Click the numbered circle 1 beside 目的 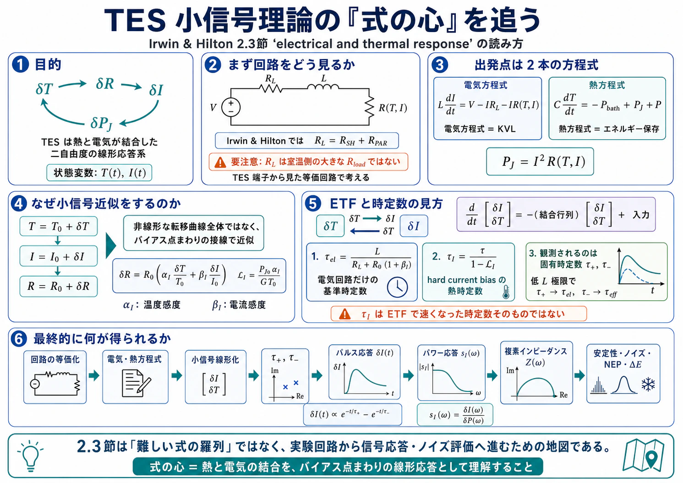[21, 65]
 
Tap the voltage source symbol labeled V [231, 107]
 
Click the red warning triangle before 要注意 [220, 163]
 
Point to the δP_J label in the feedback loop [101, 123]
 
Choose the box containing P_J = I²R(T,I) [540, 162]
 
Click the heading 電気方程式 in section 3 [486, 85]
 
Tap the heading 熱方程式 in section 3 [607, 85]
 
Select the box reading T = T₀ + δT [59, 226]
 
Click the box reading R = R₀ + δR [59, 286]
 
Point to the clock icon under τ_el [397, 287]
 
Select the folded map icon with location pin [643, 455]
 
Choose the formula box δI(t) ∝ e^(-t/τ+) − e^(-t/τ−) [352, 414]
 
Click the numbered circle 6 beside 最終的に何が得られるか [19, 339]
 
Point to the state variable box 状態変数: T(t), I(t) [99, 173]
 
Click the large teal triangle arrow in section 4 [111, 245]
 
